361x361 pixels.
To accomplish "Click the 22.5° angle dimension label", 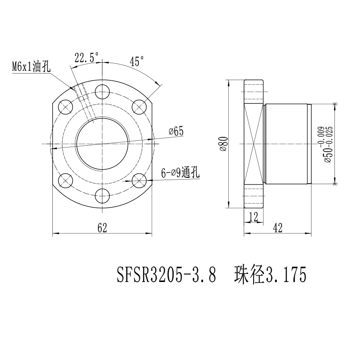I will [86, 57].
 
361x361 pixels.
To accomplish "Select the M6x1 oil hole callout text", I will [31, 67].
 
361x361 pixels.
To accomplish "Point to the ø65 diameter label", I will [176, 131].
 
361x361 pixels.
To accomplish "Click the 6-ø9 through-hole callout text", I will [180, 173].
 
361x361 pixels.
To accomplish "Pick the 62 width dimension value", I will [102, 228].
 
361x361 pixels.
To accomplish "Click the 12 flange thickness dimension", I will [253, 217].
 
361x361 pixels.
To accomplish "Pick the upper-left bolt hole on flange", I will [66, 107].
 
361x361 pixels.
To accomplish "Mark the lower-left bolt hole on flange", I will [66, 181].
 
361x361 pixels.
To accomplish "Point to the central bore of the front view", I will [103, 144].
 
